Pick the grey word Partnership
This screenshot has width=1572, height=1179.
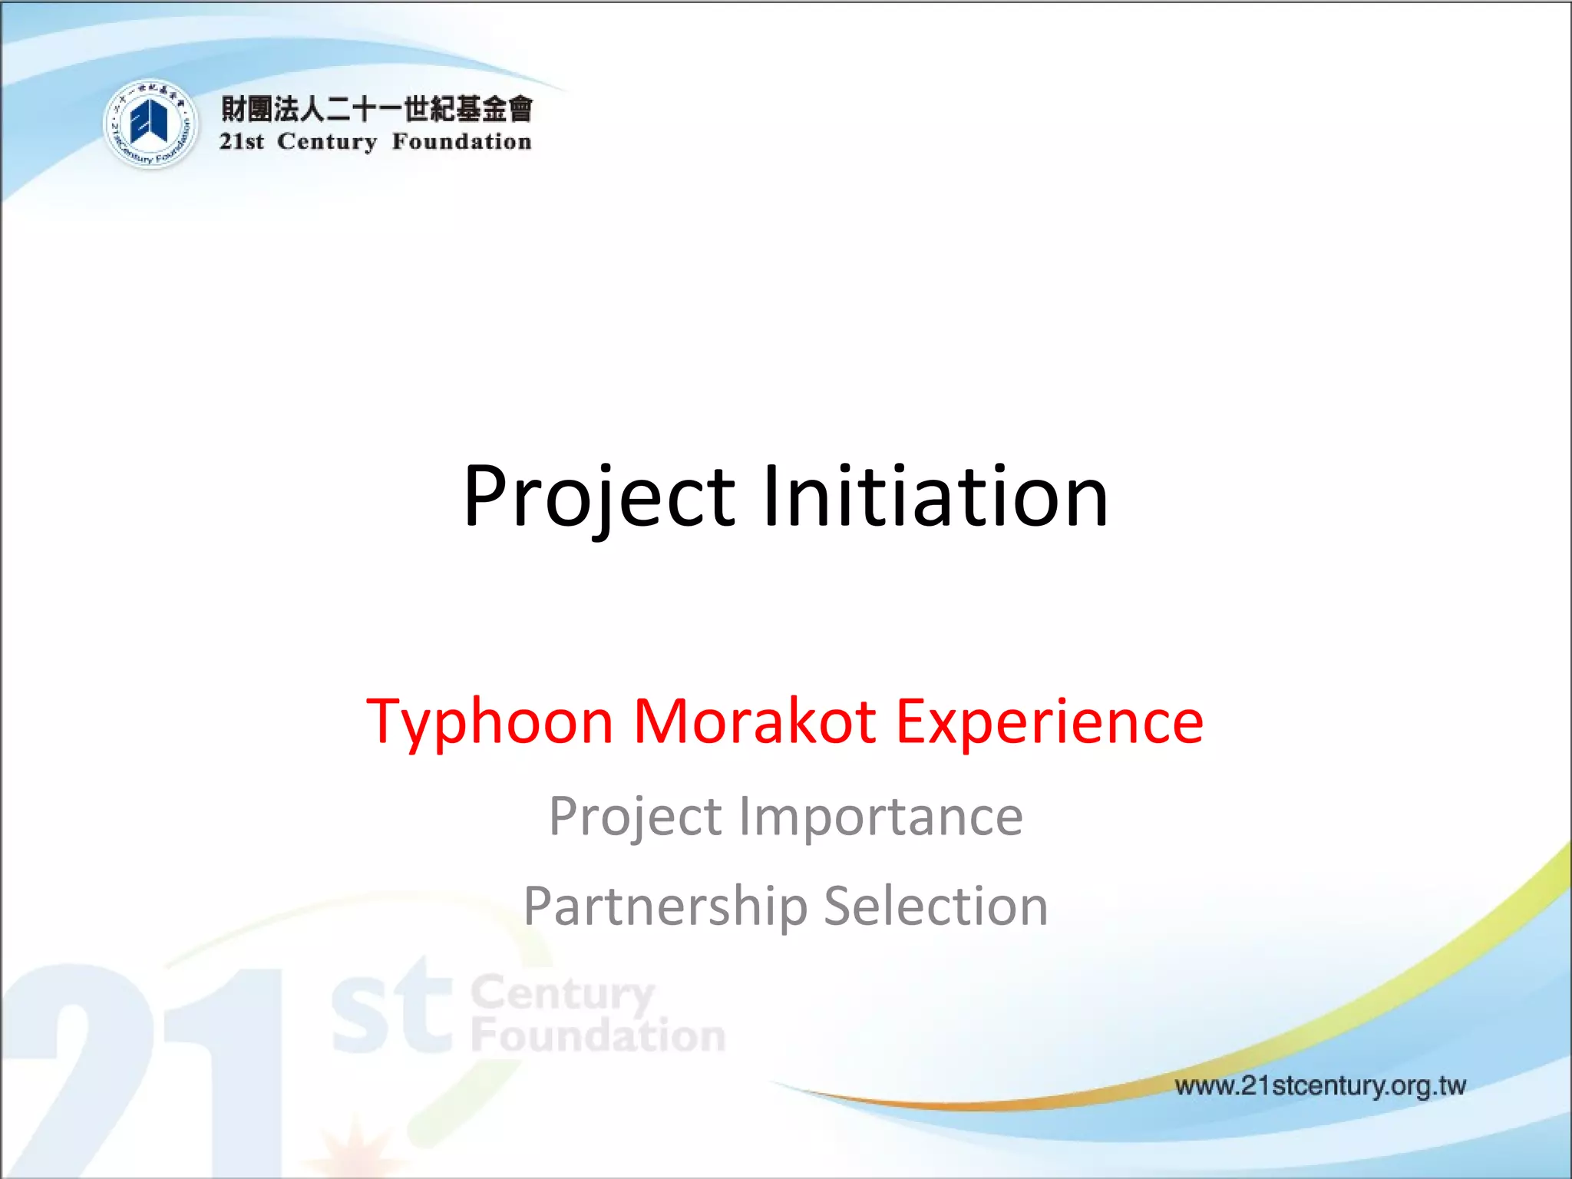665,907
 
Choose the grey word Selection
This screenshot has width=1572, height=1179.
936,907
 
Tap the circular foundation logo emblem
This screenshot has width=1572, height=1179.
150,124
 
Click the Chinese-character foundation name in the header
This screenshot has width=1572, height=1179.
376,109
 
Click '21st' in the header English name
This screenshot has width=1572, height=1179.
242,142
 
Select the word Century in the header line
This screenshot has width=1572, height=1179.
327,142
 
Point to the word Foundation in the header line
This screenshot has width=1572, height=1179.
461,142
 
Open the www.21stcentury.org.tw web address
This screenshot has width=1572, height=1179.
1320,1085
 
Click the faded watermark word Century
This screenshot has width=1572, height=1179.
562,994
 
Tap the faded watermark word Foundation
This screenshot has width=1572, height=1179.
598,1035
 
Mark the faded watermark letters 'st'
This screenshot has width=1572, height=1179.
391,1009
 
